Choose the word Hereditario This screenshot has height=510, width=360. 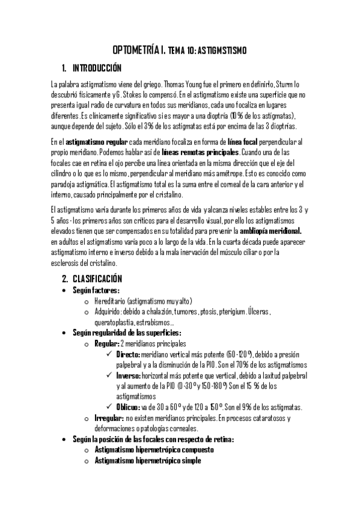pos(113,301)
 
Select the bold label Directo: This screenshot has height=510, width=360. pos(127,355)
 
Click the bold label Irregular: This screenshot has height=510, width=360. pos(108,418)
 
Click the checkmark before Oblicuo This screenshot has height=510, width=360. pos(108,407)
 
